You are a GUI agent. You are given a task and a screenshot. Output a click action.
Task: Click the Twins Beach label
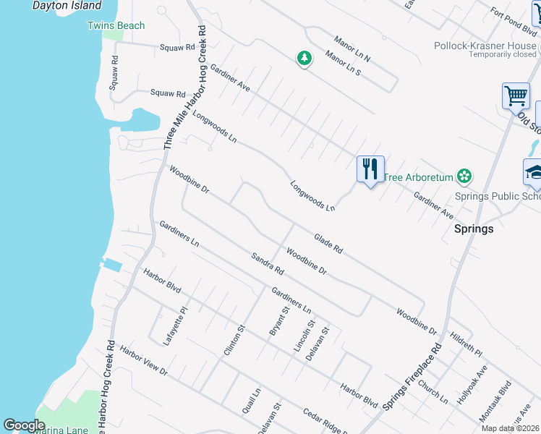[116, 26]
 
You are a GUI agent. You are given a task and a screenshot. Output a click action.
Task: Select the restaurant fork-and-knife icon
[370, 169]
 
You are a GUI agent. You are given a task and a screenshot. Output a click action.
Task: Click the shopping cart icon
[516, 96]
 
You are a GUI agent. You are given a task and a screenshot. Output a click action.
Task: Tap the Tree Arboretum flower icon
[464, 176]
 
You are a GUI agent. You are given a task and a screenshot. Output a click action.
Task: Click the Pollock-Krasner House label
[485, 46]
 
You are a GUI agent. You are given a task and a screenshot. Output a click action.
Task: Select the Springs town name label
[473, 229]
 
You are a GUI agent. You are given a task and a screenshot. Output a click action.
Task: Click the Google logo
[24, 425]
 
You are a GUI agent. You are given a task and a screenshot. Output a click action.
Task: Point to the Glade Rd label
[328, 243]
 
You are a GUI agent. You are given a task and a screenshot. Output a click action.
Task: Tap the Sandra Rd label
[268, 263]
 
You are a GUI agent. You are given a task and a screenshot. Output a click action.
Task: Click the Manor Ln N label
[352, 48]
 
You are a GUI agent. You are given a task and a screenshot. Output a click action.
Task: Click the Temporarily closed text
[502, 55]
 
